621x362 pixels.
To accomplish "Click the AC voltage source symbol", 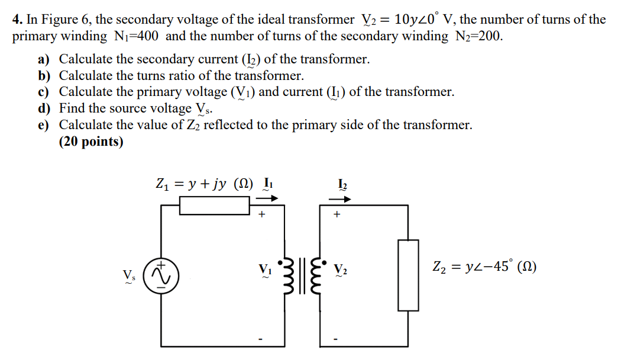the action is (x=163, y=275).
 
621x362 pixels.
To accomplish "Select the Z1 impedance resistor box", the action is (x=214, y=205).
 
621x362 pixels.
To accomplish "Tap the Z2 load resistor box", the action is (x=408, y=275).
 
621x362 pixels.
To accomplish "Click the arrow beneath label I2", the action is (x=344, y=198).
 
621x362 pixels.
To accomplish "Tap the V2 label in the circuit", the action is (x=341, y=268).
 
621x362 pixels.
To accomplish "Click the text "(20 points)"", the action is (x=91, y=142).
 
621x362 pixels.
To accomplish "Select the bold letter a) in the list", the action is (x=44, y=59).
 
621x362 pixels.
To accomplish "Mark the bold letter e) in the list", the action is (x=44, y=125).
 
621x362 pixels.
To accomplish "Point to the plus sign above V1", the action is (x=261, y=216).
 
